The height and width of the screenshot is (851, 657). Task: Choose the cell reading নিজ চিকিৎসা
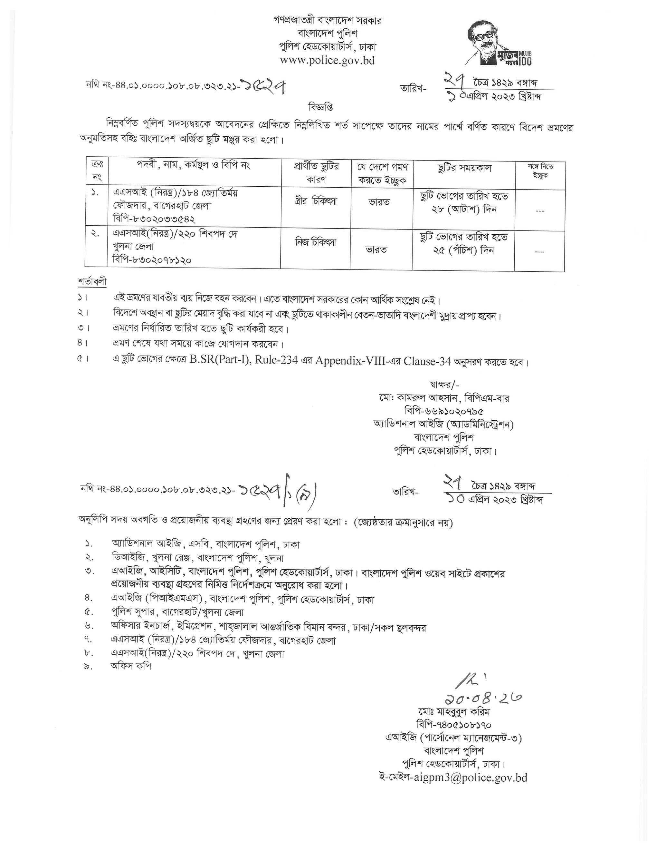click(315, 243)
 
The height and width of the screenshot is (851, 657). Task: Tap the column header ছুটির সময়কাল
click(464, 168)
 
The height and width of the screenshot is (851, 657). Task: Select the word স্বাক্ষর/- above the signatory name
click(444, 385)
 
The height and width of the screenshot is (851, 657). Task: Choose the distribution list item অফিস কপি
click(131, 666)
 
